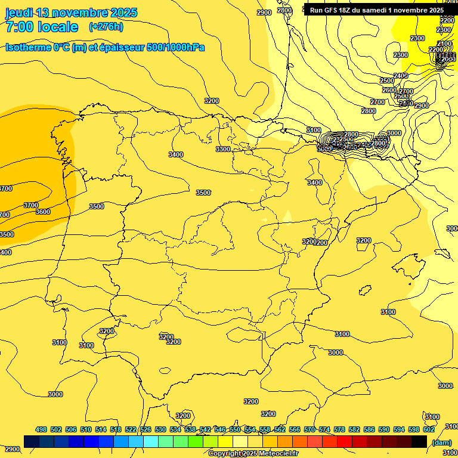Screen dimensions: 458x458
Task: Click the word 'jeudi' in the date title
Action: click(x=19, y=13)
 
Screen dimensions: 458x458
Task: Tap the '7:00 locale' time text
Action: click(x=42, y=27)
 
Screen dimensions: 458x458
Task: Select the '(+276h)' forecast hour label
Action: click(x=106, y=27)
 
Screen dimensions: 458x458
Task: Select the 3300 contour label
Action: click(x=223, y=149)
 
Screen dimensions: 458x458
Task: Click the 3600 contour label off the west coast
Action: click(x=43, y=212)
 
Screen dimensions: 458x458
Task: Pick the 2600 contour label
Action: click(x=389, y=90)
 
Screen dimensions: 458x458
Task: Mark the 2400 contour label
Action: click(x=401, y=76)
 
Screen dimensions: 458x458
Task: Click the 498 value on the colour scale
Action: click(x=41, y=429)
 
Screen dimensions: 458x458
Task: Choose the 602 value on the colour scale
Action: click(x=429, y=429)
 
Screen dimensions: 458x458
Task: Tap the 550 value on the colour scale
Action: click(x=235, y=429)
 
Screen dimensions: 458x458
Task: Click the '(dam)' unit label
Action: click(x=441, y=442)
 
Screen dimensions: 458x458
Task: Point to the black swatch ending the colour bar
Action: click(x=419, y=441)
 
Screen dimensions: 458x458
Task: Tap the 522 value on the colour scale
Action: click(x=131, y=429)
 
